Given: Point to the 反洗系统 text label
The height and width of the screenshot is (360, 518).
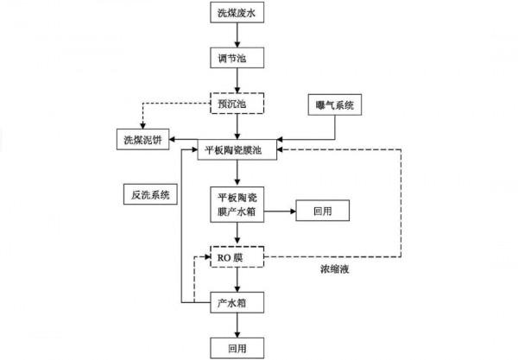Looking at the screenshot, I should pos(149,195).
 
